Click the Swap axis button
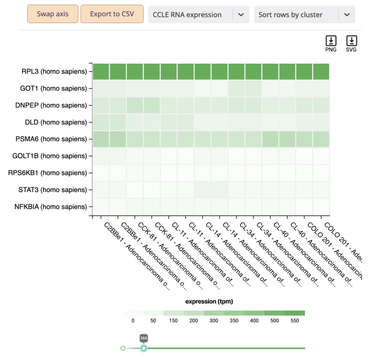tap(53, 14)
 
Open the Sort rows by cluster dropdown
tap(304, 15)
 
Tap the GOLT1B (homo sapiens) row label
tap(54, 156)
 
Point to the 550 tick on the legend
tap(295, 321)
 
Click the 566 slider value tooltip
tap(144, 338)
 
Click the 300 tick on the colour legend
tap(214, 321)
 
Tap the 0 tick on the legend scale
tap(132, 321)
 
